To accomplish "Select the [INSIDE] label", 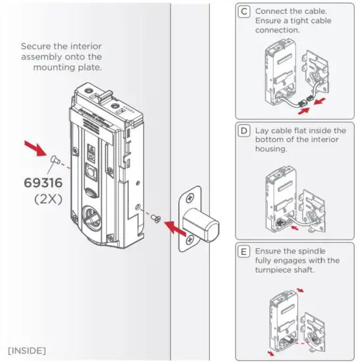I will pyautogui.click(x=27, y=346).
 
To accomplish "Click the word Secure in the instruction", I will pyautogui.click(x=35, y=47).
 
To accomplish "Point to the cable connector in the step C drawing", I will pyautogui.click(x=304, y=102).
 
